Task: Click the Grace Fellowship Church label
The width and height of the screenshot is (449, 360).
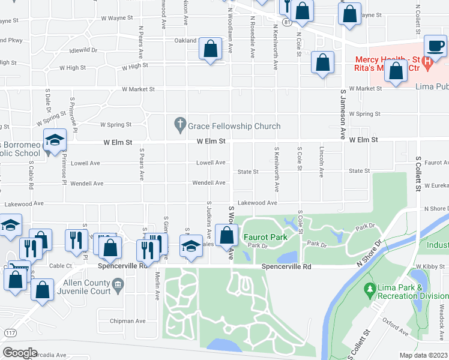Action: (234, 126)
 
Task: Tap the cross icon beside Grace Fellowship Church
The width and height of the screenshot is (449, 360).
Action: (179, 126)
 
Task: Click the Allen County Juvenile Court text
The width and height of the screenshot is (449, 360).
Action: (79, 287)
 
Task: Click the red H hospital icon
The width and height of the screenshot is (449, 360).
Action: (427, 61)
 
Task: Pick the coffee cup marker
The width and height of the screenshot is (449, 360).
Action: (435, 46)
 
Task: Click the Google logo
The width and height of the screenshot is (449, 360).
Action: (20, 352)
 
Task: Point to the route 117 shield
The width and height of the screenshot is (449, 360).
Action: (10, 333)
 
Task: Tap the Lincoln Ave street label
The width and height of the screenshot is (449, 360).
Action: (322, 163)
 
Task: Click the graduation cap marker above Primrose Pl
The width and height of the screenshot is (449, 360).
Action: (55, 142)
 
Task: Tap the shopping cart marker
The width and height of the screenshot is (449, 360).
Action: (16, 269)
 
